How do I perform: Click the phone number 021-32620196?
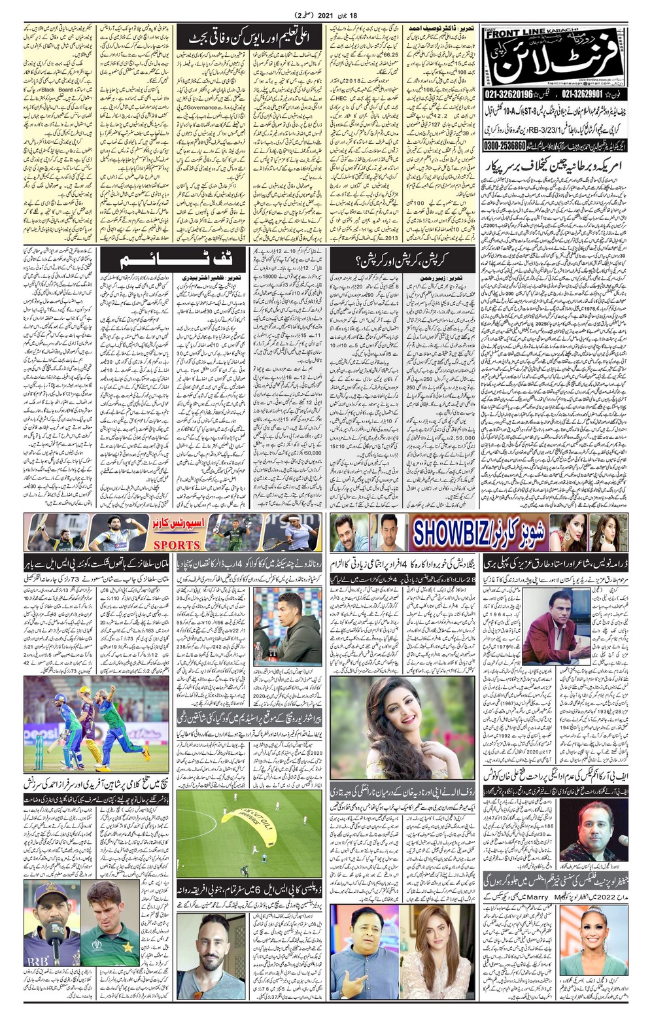[509, 95]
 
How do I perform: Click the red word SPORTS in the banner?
[177, 545]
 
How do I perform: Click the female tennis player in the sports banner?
[298, 531]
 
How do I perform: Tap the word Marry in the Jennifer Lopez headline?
[537, 897]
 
